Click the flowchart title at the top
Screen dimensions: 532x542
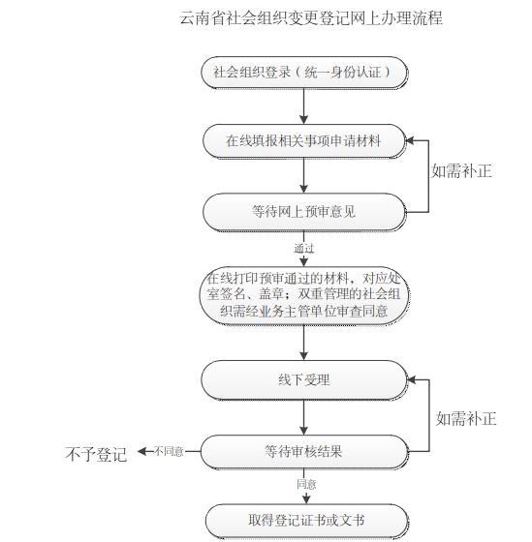coord(311,18)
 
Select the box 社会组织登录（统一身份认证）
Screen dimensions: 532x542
coord(304,73)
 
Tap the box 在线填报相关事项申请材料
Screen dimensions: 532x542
coord(304,141)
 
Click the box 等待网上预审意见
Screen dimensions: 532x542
coord(304,212)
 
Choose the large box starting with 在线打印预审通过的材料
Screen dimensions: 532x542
coord(304,295)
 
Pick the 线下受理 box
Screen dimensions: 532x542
coord(304,379)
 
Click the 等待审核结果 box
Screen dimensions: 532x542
coord(304,451)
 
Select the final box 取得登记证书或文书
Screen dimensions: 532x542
coord(306,521)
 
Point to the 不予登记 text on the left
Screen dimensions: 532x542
coord(96,454)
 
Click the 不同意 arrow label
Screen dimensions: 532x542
coord(169,451)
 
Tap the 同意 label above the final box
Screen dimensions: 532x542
coord(306,484)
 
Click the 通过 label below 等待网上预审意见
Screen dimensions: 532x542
coord(304,248)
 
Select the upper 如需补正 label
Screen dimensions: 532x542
coord(461,170)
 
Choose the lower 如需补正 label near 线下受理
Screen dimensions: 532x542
coord(466,418)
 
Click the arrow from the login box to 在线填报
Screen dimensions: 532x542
coord(304,106)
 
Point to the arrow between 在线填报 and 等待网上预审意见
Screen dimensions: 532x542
coord(304,175)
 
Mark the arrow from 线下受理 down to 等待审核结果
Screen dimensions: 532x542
coord(304,417)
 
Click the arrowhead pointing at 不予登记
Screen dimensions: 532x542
coord(141,451)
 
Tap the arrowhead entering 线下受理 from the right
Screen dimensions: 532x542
coord(412,379)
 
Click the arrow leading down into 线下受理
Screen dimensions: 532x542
coord(304,343)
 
